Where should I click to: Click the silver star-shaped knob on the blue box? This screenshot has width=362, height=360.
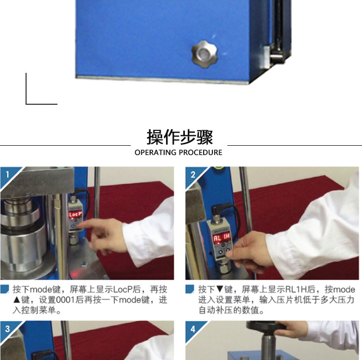pos(205,54)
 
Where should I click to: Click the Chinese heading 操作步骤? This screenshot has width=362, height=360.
pos(180,138)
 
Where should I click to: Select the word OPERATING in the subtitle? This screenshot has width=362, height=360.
pos(155,152)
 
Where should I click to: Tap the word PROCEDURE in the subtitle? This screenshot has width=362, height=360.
pos(200,152)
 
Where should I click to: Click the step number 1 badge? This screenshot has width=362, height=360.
pos(8,175)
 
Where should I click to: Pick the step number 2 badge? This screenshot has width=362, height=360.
pos(193,175)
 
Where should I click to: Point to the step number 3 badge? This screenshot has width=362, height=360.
pos(7,329)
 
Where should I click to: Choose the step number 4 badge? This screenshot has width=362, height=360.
pos(193,329)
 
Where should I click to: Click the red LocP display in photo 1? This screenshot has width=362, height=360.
pos(75,215)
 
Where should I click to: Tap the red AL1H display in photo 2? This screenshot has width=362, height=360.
pos(222,237)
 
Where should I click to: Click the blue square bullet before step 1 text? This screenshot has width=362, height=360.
pos(5,289)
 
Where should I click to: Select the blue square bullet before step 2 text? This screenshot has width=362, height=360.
pos(190,289)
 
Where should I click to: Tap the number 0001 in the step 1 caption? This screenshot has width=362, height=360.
pos(66,300)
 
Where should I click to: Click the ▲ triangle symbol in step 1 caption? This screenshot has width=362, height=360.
pos(17,300)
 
